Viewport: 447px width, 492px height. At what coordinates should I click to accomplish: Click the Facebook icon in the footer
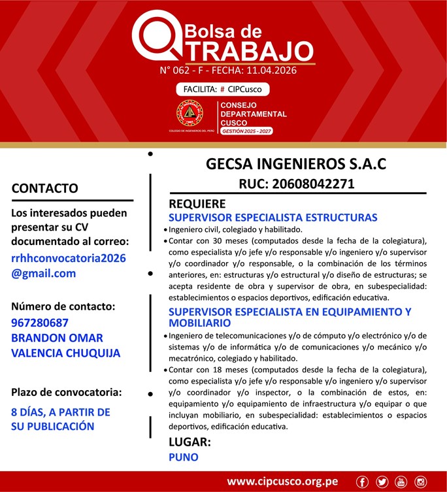[x=362, y=482]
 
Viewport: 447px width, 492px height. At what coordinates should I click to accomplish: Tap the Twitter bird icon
[x=382, y=482]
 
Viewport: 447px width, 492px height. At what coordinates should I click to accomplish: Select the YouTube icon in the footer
[x=401, y=482]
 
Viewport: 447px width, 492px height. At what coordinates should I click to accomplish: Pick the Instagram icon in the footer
[x=420, y=482]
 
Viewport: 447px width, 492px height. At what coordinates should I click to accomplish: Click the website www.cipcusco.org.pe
[x=282, y=482]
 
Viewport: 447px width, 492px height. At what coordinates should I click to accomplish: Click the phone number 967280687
[x=40, y=322]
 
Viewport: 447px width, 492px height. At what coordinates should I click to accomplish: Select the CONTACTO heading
[x=44, y=188]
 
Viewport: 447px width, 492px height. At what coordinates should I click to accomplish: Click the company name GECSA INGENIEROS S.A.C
[x=296, y=163]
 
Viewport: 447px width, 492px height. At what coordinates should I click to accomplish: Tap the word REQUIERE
[x=197, y=204]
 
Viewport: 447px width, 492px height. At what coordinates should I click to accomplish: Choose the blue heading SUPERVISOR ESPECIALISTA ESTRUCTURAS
[x=273, y=218]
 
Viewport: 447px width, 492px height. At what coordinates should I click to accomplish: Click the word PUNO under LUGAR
[x=183, y=457]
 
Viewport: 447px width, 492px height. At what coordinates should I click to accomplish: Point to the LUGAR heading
[x=190, y=442]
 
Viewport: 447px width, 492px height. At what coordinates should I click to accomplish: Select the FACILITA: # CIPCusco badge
[x=222, y=89]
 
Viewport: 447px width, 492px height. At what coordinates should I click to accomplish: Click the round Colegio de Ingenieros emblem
[x=190, y=113]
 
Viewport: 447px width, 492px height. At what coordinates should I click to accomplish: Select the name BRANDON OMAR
[x=57, y=338]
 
